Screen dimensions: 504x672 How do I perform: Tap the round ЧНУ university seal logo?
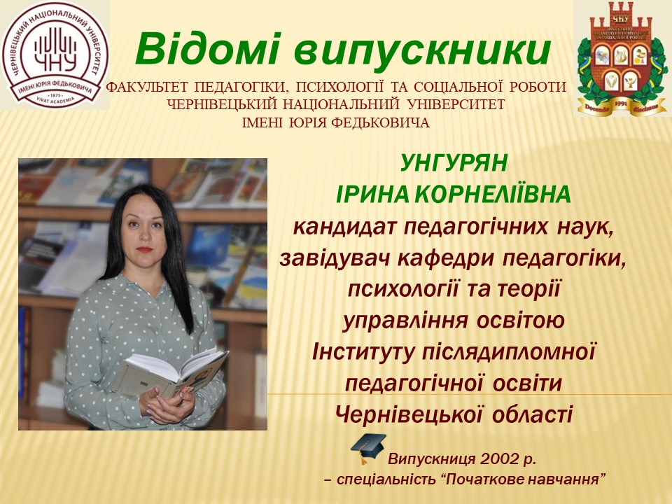click(x=55, y=55)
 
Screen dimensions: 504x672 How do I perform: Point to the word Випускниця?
click(x=433, y=460)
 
